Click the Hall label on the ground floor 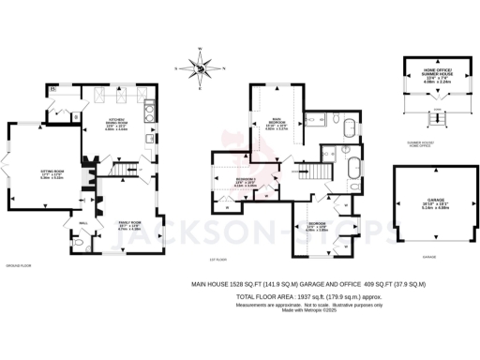point(83,222)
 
